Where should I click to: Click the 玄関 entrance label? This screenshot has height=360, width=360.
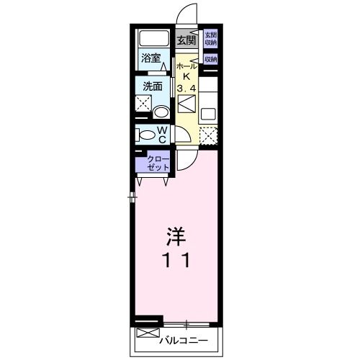pyautogui.click(x=186, y=40)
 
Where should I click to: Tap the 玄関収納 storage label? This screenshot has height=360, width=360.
pyautogui.click(x=210, y=38)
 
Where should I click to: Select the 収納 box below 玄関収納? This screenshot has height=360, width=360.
pyautogui.click(x=210, y=59)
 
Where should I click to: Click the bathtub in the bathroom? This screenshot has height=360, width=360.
pyautogui.click(x=153, y=39)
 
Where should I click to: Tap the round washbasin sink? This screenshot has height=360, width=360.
pyautogui.click(x=161, y=112)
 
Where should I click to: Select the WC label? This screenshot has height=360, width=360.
pyautogui.click(x=163, y=134)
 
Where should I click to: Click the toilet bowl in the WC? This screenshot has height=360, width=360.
pyautogui.click(x=146, y=135)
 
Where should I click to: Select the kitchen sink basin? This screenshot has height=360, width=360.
pyautogui.click(x=209, y=112)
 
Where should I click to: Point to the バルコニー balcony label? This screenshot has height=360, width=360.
pyautogui.click(x=184, y=339)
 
